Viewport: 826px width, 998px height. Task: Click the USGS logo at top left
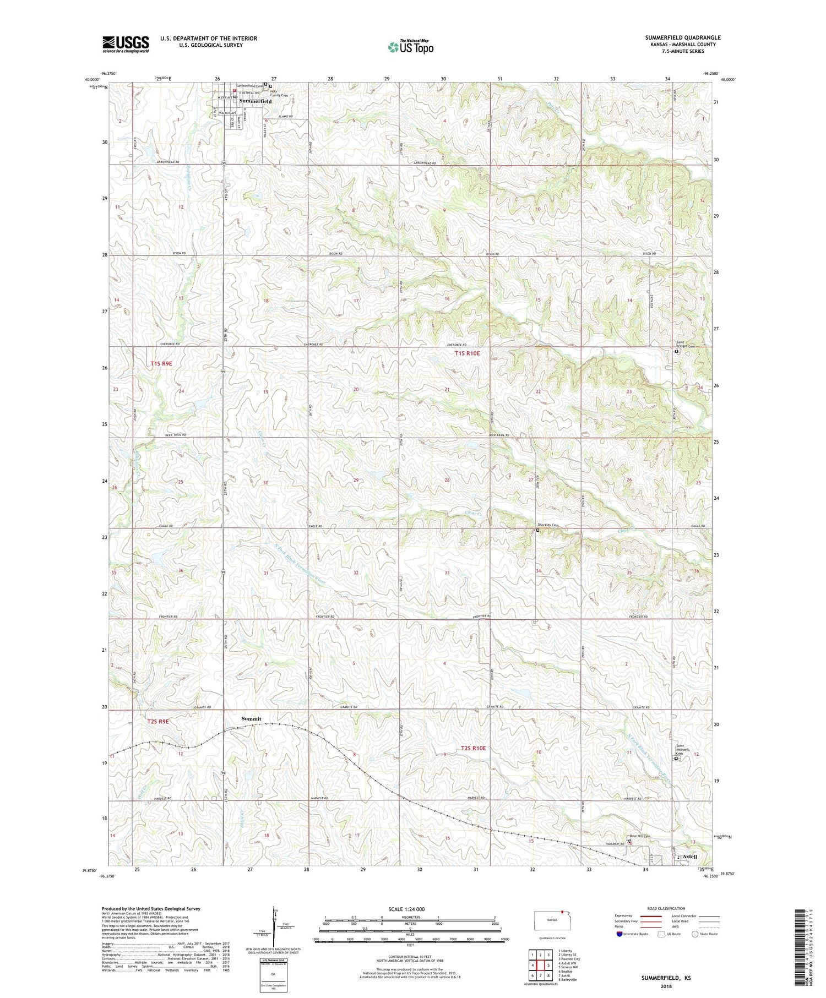click(126, 44)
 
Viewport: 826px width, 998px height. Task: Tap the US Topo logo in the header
click(411, 47)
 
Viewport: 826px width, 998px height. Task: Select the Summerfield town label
click(256, 102)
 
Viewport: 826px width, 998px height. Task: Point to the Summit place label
click(251, 719)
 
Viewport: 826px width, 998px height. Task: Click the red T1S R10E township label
click(471, 353)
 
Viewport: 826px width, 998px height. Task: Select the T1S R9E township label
click(161, 363)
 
